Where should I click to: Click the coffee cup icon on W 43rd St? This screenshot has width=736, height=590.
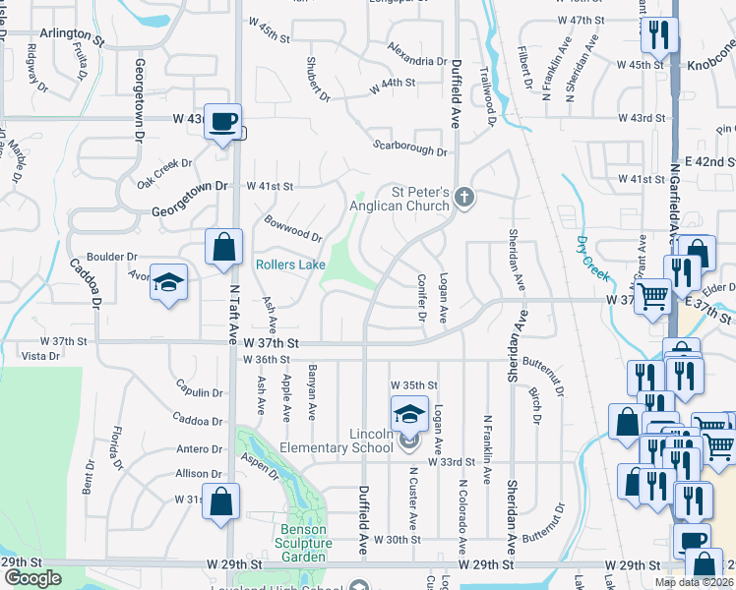[x=222, y=121]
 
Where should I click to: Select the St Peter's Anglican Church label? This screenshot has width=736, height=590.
[x=407, y=199]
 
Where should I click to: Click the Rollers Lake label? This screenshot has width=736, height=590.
[x=290, y=265]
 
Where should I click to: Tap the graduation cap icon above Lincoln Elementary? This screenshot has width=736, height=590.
[x=409, y=413]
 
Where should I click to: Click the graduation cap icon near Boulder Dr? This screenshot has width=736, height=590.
[x=168, y=282]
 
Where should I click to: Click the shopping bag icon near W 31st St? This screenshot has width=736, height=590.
[x=222, y=501]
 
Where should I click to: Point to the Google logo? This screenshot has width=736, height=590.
[x=32, y=577]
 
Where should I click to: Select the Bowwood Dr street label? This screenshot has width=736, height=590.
[x=292, y=228]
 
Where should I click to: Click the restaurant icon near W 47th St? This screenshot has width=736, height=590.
[x=657, y=36]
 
